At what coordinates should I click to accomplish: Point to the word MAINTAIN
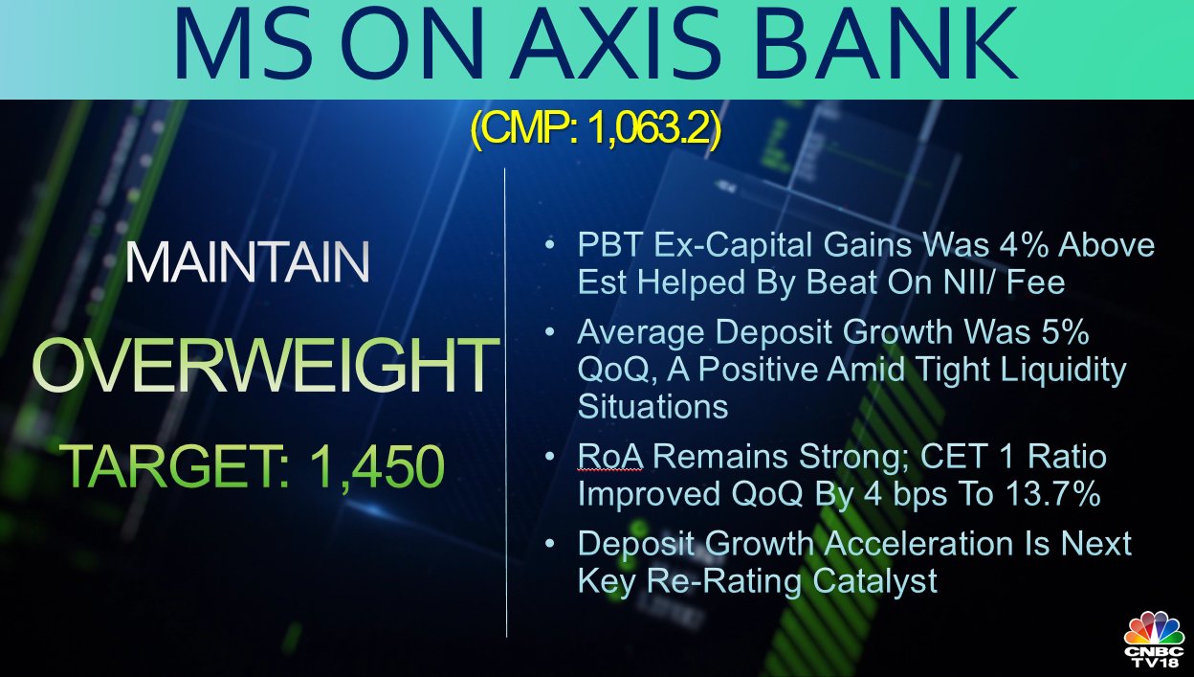click(248, 262)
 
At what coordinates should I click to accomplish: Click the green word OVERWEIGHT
click(263, 365)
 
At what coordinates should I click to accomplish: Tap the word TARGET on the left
click(171, 465)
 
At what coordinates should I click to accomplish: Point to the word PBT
click(612, 246)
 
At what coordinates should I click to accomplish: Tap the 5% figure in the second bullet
click(1063, 332)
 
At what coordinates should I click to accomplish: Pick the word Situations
click(652, 407)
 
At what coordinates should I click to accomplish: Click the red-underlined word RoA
click(610, 458)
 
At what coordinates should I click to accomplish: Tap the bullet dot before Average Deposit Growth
click(549, 332)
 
